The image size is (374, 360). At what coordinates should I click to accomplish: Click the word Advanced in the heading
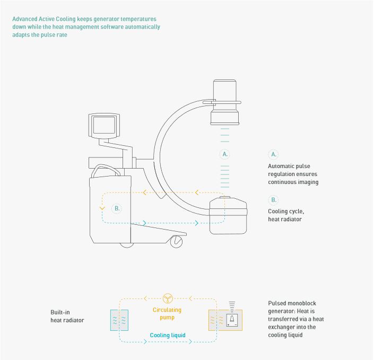25,19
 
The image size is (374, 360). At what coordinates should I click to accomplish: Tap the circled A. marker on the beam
225,154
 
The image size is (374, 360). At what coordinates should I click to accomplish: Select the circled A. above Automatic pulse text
273,154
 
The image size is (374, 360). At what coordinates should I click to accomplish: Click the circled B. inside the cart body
117,208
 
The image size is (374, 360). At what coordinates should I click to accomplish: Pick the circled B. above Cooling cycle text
273,200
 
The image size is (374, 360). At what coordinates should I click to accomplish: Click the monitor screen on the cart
104,125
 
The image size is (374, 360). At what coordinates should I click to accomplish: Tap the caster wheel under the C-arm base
176,241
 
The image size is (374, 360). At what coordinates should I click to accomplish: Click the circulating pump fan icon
168,298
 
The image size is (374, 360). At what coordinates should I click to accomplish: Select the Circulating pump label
167,313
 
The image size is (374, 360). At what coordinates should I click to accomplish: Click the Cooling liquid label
168,335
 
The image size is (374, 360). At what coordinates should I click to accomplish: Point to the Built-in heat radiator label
67,316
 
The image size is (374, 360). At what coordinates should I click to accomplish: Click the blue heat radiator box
119,320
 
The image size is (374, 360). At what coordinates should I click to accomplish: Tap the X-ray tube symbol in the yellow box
232,320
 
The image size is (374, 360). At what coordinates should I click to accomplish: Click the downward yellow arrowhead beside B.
102,208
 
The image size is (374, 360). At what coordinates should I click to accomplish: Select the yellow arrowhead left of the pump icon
145,298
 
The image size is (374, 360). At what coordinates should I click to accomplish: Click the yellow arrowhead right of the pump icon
190,298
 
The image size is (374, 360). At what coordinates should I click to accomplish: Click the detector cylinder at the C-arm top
225,102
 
